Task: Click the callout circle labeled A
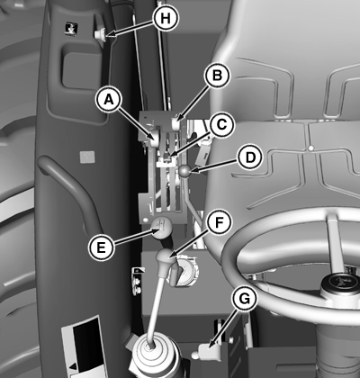(109, 100)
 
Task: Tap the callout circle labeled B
(217, 76)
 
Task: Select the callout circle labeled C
(221, 124)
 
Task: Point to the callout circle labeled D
(249, 157)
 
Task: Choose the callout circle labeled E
(101, 247)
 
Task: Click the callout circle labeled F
(220, 222)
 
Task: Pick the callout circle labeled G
(245, 298)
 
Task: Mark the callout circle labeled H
(166, 18)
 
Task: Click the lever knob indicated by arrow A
(155, 138)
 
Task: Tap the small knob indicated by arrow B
(175, 123)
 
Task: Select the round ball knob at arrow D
(184, 171)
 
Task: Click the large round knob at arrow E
(161, 228)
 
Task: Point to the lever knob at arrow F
(166, 257)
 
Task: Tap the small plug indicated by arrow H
(101, 33)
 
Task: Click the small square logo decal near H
(71, 28)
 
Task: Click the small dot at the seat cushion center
(311, 148)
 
